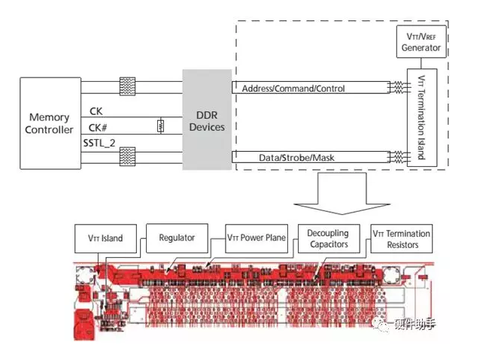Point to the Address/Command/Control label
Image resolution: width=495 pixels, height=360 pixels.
[293, 89]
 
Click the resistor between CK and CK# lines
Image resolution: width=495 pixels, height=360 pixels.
[160, 126]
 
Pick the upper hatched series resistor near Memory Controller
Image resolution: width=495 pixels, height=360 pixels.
[128, 86]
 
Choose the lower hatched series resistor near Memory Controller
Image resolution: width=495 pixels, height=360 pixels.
[128, 156]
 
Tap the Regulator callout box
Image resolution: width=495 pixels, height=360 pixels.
[177, 238]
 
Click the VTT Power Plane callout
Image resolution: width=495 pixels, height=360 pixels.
[257, 238]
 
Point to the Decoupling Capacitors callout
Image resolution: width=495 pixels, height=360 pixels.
[328, 238]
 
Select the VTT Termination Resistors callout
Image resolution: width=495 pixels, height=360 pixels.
[402, 238]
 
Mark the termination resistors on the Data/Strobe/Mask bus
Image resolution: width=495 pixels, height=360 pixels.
[395, 157]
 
